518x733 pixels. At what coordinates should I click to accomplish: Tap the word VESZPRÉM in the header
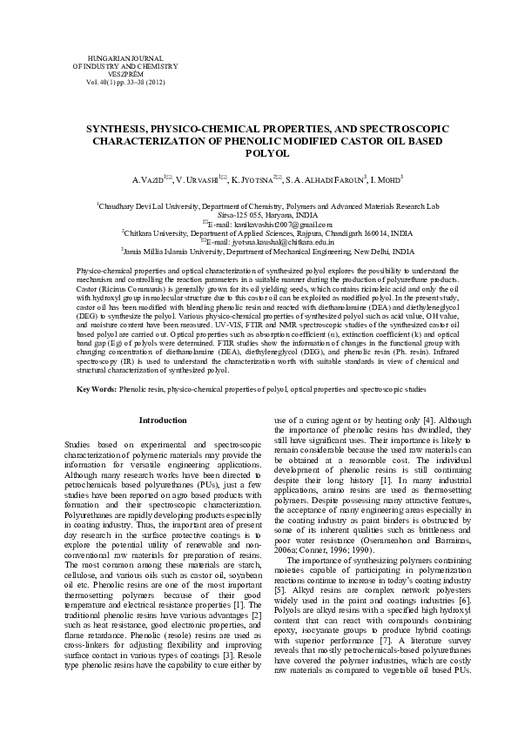[109, 74]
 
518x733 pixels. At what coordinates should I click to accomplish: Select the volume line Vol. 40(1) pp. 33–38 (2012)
[109, 83]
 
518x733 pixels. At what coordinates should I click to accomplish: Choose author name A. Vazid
[146, 179]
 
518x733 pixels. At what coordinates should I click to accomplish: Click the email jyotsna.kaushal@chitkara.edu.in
[273, 243]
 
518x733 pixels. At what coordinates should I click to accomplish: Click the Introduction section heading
[163, 420]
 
